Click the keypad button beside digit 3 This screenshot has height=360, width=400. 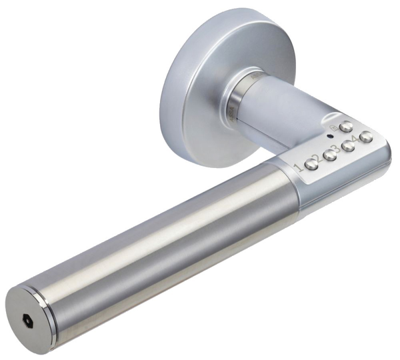click(x=329, y=155)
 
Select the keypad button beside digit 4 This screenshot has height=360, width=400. click(x=347, y=147)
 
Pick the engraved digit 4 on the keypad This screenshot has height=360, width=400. click(x=356, y=142)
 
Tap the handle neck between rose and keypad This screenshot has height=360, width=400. click(x=280, y=107)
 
